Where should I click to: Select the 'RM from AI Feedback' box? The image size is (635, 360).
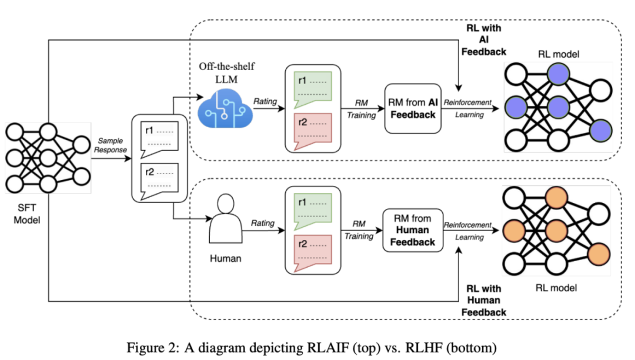pyautogui.click(x=413, y=108)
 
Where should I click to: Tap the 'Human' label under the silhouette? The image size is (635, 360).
pyautogui.click(x=225, y=258)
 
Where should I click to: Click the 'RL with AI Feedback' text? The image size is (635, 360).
pyautogui.click(x=483, y=40)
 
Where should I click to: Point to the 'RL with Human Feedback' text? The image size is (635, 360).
pyautogui.click(x=483, y=300)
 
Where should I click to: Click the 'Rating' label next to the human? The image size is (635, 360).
pyautogui.click(x=263, y=223)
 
